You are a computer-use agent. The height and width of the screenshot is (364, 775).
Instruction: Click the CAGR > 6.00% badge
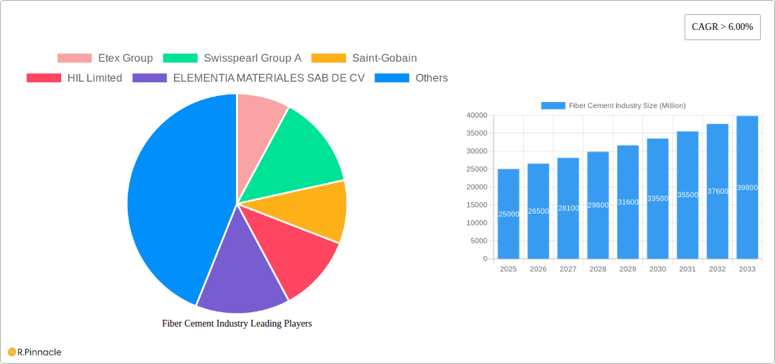coord(722,27)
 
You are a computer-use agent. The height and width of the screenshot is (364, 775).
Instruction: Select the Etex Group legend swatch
coord(74,59)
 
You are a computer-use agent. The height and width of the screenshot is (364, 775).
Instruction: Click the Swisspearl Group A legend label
coord(252,59)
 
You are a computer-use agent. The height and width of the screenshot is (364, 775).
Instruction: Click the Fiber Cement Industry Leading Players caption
coord(237,324)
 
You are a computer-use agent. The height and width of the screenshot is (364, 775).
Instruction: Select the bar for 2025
coord(508,214)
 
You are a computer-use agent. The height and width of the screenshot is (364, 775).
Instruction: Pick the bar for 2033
coord(747,187)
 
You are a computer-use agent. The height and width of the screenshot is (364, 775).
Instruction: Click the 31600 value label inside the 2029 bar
coord(627,202)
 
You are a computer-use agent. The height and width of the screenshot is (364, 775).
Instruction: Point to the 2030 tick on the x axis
coord(657,269)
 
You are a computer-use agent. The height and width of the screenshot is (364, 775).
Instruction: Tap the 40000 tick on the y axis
coord(477,116)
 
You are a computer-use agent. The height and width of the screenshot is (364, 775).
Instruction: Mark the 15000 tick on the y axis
coord(477,205)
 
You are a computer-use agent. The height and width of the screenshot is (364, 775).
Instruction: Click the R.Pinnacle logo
coord(35,352)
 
